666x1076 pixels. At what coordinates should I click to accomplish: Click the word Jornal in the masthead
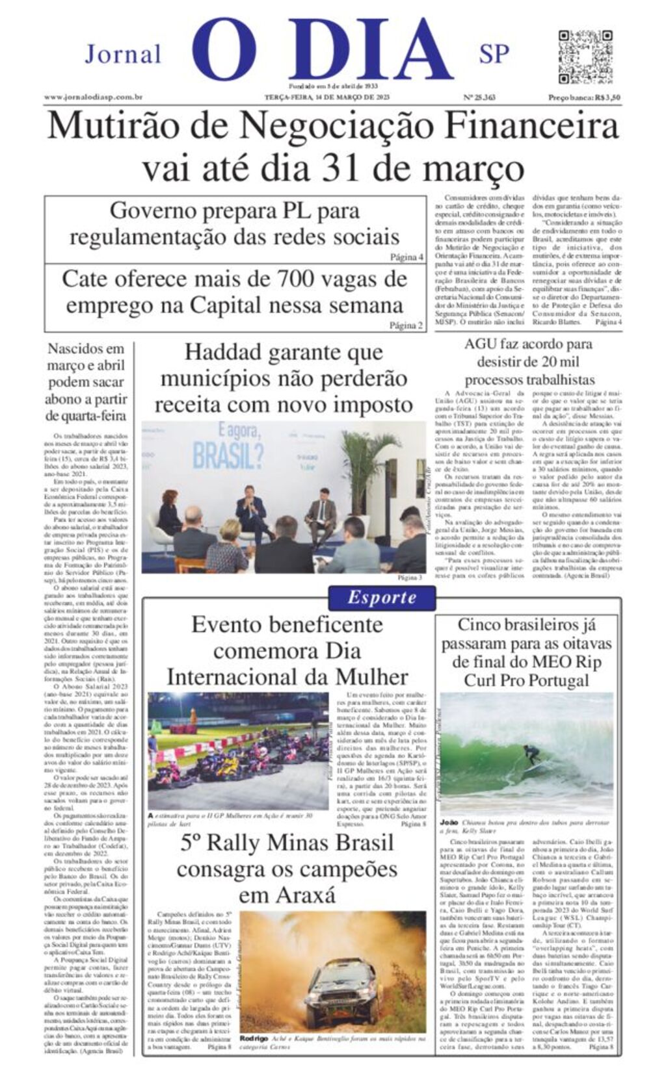(x=123, y=54)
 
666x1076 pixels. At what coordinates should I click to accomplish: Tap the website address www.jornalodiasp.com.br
(x=93, y=97)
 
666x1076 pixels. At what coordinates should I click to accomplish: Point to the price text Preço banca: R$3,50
(x=583, y=97)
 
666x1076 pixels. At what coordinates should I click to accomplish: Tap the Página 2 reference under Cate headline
(x=406, y=326)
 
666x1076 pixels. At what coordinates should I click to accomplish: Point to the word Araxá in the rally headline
(x=287, y=896)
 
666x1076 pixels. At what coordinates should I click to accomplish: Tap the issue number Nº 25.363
(x=479, y=97)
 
